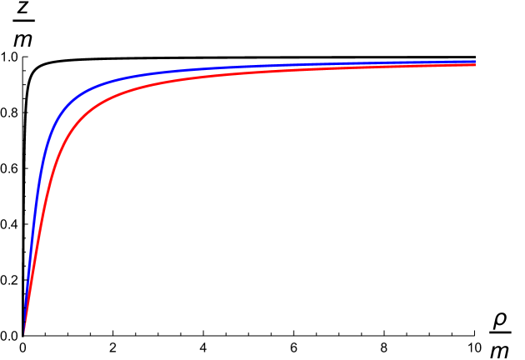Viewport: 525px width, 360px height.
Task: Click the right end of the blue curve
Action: click(474, 61)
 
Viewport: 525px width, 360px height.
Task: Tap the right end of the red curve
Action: click(474, 65)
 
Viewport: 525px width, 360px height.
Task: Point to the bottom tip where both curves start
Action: click(25, 331)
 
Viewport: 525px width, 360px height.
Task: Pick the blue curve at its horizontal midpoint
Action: click(250, 67)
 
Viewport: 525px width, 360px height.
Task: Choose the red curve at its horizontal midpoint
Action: click(250, 72)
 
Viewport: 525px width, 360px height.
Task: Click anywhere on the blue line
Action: click(167, 72)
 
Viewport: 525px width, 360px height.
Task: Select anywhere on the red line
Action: click(167, 81)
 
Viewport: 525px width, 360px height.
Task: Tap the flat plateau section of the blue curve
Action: click(333, 64)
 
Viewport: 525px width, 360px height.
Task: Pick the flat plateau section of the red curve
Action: click(333, 69)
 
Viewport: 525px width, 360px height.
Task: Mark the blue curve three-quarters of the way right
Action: click(362, 63)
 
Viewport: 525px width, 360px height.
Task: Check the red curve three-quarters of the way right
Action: click(362, 68)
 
